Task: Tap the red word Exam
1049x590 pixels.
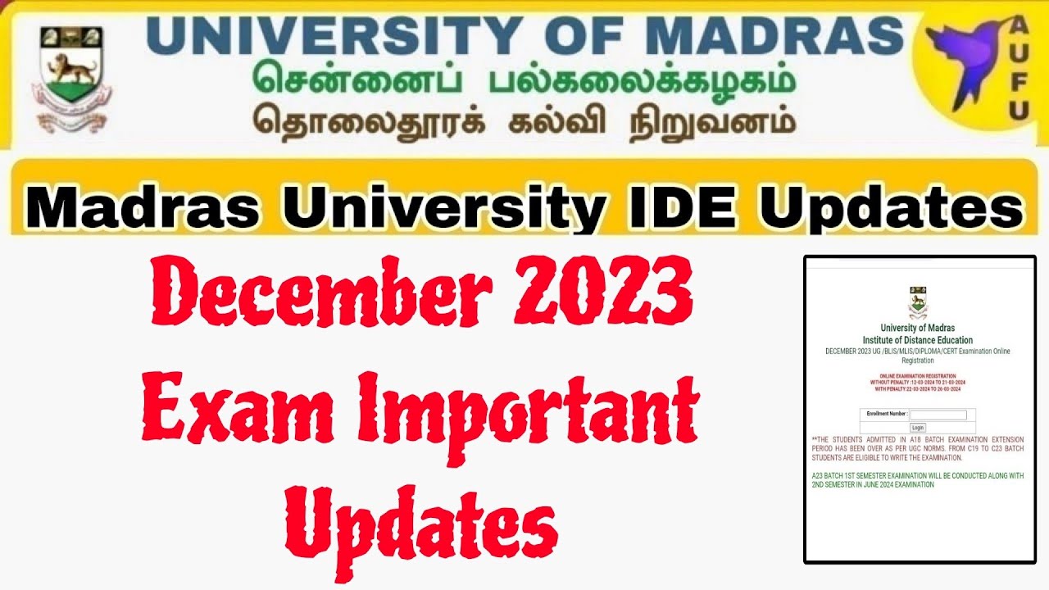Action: pos(234,410)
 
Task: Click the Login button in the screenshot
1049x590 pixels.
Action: pos(918,428)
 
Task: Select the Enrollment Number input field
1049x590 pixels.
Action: pos(938,415)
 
